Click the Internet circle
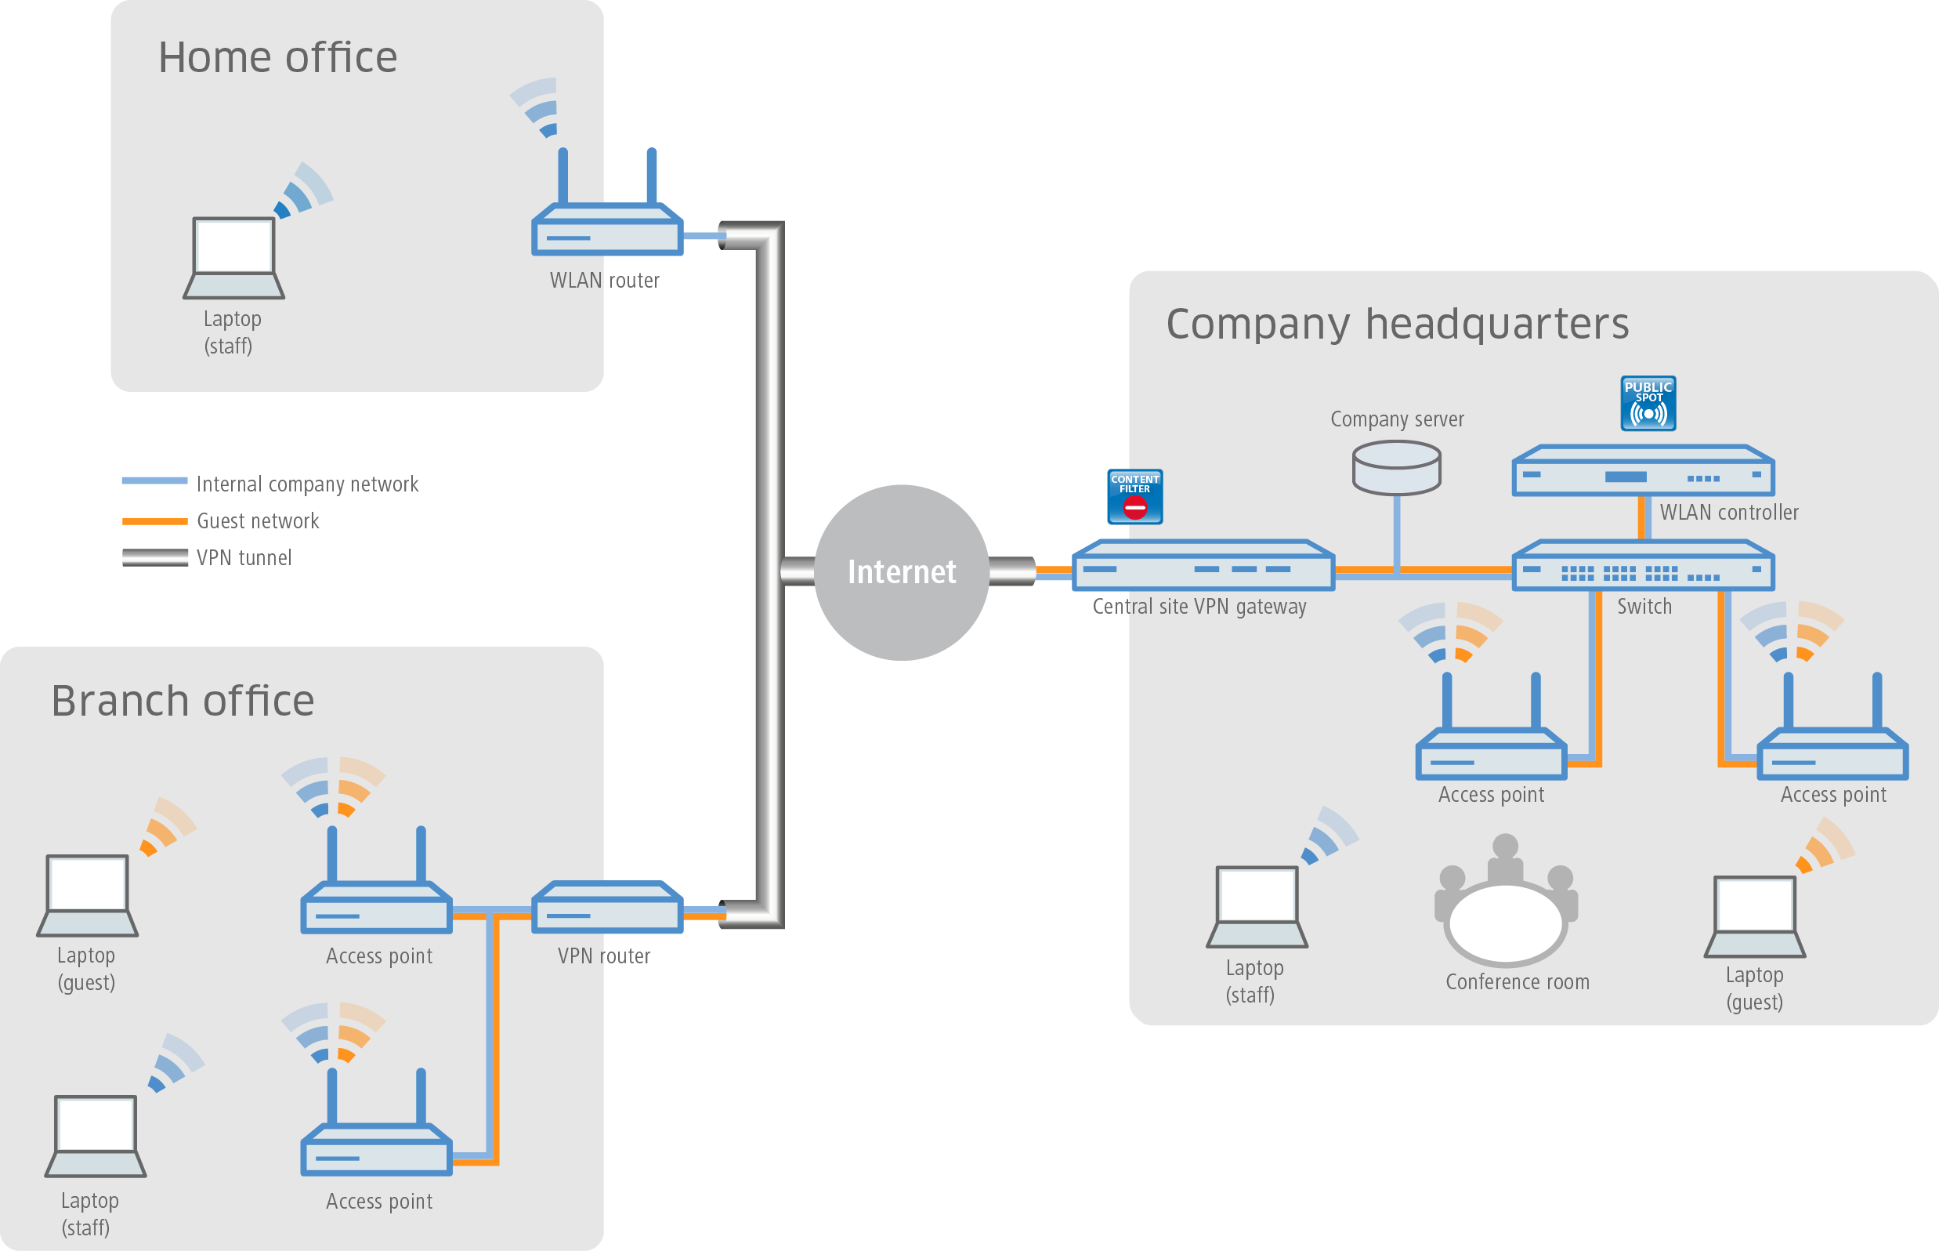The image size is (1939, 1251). click(901, 572)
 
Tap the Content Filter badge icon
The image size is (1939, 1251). click(1134, 496)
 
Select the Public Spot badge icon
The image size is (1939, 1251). click(1648, 403)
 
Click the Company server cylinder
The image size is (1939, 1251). click(1396, 468)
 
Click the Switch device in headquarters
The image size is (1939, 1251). click(1642, 567)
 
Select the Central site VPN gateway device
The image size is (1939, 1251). click(1203, 566)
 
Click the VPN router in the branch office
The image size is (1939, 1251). click(606, 907)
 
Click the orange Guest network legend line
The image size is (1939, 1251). click(154, 520)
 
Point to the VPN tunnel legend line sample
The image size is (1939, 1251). click(154, 557)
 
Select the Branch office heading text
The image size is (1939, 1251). click(183, 700)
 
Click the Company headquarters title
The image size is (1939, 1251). click(1397, 323)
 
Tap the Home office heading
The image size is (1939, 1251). click(277, 58)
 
